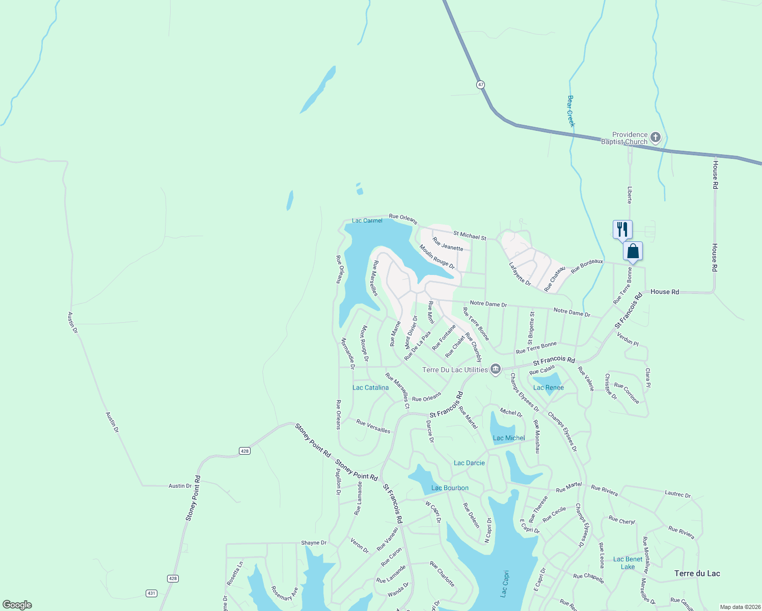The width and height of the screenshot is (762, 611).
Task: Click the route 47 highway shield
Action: coord(480,85)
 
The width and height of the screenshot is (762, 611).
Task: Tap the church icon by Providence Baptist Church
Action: coord(656,137)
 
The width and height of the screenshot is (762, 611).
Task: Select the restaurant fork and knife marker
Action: coord(622,229)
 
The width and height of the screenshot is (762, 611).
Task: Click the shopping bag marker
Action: coord(633,251)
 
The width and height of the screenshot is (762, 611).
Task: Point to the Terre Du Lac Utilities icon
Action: coord(496,370)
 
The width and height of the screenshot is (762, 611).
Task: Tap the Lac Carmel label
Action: coord(367,220)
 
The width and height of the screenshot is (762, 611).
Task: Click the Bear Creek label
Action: coord(571,111)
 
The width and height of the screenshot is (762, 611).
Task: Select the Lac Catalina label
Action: coord(370,387)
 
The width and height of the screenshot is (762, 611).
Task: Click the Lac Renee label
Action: coord(548,387)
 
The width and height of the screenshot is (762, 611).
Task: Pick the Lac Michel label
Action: coord(508,438)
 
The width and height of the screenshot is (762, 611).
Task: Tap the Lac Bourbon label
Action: coord(450,488)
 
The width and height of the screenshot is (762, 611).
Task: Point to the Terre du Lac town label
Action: coord(697,573)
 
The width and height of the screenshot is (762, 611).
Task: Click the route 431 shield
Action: coord(151,593)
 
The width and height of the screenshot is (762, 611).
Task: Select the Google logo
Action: coord(17,605)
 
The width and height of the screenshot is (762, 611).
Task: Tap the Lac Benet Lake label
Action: coord(628,563)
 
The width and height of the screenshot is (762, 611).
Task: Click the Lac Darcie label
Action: coord(469,463)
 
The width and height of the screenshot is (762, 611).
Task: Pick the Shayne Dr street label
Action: coord(313,543)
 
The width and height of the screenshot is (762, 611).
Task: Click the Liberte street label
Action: coord(630,195)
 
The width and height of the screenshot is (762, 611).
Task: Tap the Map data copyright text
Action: coord(740,607)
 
